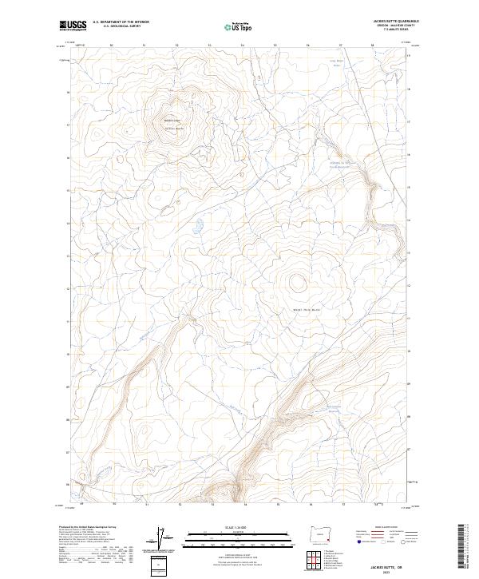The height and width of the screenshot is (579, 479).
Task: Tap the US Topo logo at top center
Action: (x=232, y=26)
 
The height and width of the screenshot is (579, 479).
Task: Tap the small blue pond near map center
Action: (x=193, y=233)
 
